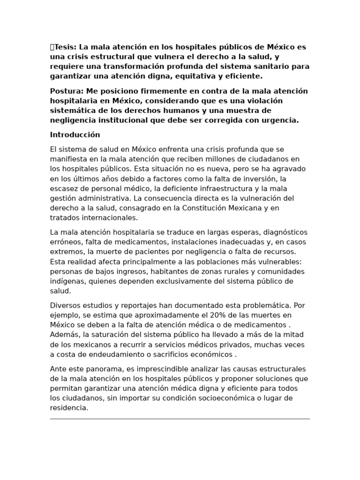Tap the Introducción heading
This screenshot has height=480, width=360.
tap(75, 135)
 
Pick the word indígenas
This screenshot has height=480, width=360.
tap(66, 281)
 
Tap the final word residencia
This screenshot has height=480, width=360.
tap(68, 408)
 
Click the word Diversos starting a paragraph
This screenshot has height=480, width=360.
tap(66, 306)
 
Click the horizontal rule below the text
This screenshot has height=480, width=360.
tap(180, 419)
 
